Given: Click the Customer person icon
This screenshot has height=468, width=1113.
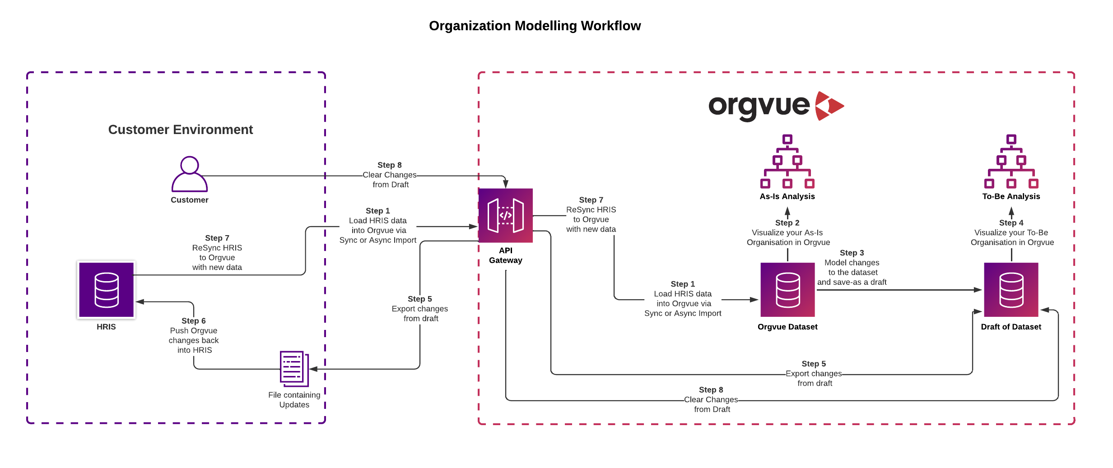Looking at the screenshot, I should [x=189, y=174].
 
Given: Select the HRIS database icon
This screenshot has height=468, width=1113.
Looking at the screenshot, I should [x=106, y=290].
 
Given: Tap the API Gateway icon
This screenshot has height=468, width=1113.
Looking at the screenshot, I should [x=505, y=215].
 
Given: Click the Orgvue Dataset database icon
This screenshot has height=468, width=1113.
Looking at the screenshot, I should [x=787, y=290].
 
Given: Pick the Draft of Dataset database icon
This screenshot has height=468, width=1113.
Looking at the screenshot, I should [x=1011, y=290].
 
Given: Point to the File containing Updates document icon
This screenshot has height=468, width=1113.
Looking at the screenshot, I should [x=294, y=369].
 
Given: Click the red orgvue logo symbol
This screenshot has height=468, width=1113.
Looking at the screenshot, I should [x=829, y=106].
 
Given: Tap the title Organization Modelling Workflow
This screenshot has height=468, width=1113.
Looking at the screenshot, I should [x=535, y=26].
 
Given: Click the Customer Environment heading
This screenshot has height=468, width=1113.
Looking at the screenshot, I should [x=180, y=130].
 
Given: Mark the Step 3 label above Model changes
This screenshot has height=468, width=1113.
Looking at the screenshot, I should [x=852, y=253].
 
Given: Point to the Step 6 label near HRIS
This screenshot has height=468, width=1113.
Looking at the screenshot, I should [x=193, y=321].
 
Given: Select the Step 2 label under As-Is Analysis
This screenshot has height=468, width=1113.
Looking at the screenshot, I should [x=787, y=222].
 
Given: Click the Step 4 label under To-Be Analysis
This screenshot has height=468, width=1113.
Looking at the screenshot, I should [x=1011, y=222].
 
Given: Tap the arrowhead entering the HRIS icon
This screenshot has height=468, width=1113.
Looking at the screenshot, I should [x=140, y=301].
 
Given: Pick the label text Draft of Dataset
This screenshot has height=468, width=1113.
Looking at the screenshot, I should [x=1011, y=327].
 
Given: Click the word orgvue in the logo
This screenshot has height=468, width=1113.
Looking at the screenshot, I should [x=759, y=107].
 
